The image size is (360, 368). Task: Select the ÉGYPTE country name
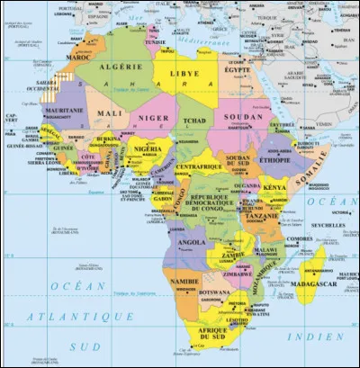[238, 69]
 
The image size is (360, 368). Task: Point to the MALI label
[111, 113]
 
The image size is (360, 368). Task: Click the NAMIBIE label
[184, 282]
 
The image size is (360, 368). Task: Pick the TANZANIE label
[260, 216]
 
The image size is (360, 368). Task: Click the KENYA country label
[274, 187]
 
